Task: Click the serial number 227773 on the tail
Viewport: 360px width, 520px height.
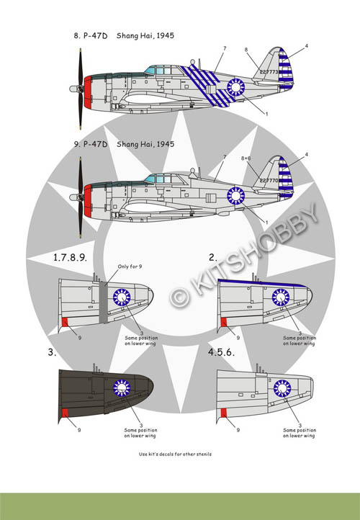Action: (x=269, y=71)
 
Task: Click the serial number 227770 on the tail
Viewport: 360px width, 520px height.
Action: (x=269, y=180)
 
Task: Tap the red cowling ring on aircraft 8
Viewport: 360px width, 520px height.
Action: (x=88, y=92)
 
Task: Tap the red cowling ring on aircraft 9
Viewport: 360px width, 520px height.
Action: (x=88, y=201)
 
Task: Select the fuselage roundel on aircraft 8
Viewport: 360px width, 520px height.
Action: (x=235, y=87)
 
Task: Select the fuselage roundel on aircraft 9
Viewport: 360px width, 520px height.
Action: (x=235, y=196)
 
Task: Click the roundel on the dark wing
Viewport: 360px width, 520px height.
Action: (x=122, y=387)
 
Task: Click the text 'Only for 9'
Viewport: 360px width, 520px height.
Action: (x=130, y=266)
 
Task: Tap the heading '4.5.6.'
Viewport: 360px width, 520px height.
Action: (x=221, y=352)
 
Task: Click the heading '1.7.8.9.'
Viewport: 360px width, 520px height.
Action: (x=70, y=257)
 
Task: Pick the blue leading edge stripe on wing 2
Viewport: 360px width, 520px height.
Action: (x=262, y=283)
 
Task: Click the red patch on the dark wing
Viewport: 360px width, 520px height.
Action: (x=65, y=413)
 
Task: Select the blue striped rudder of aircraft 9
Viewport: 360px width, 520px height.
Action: (x=285, y=176)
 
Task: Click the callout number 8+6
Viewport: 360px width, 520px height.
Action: (x=246, y=158)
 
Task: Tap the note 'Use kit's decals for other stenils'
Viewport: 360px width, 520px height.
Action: (x=175, y=454)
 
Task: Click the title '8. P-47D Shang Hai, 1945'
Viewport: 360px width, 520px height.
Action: (x=124, y=35)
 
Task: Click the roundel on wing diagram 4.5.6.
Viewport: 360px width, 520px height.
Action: (x=282, y=388)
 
